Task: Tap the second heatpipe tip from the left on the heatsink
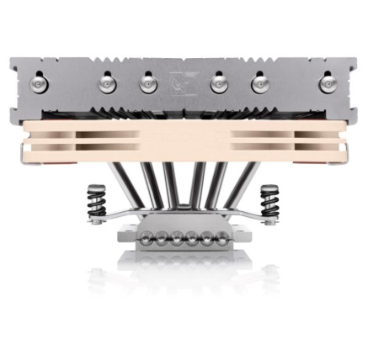[107, 82]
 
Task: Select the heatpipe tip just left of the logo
[147, 82]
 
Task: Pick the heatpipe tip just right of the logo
[219, 82]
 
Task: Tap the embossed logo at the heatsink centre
[182, 83]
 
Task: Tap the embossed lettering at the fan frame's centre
[182, 136]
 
